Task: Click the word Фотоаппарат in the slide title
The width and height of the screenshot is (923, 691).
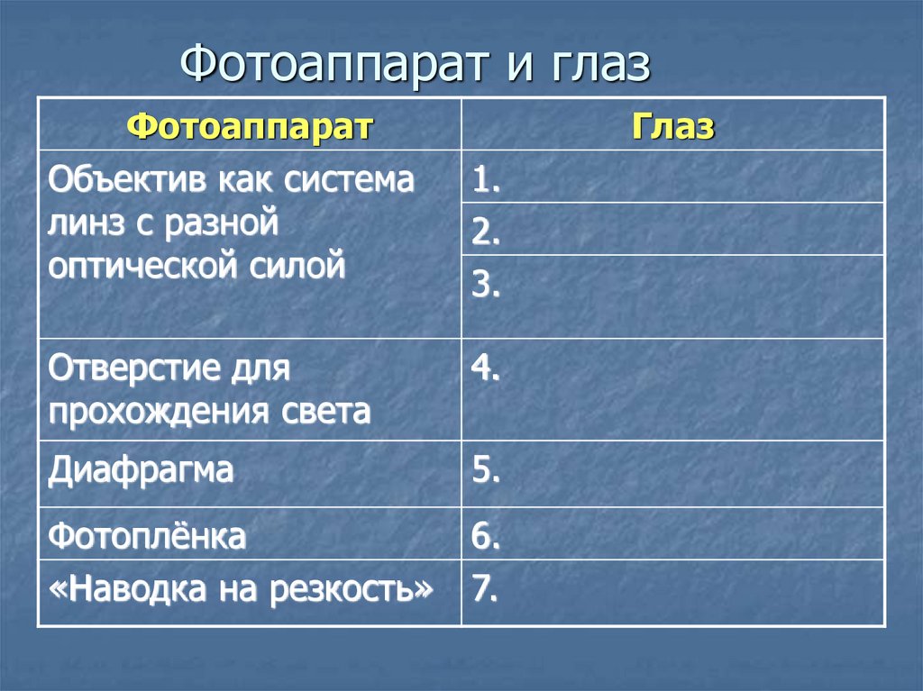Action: coord(339,66)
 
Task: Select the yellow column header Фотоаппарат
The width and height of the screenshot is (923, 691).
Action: coord(250,126)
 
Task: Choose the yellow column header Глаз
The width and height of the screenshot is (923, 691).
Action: coord(672,126)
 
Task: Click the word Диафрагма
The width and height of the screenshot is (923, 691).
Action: coord(142,470)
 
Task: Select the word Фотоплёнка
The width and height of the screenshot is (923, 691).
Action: coord(147,537)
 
